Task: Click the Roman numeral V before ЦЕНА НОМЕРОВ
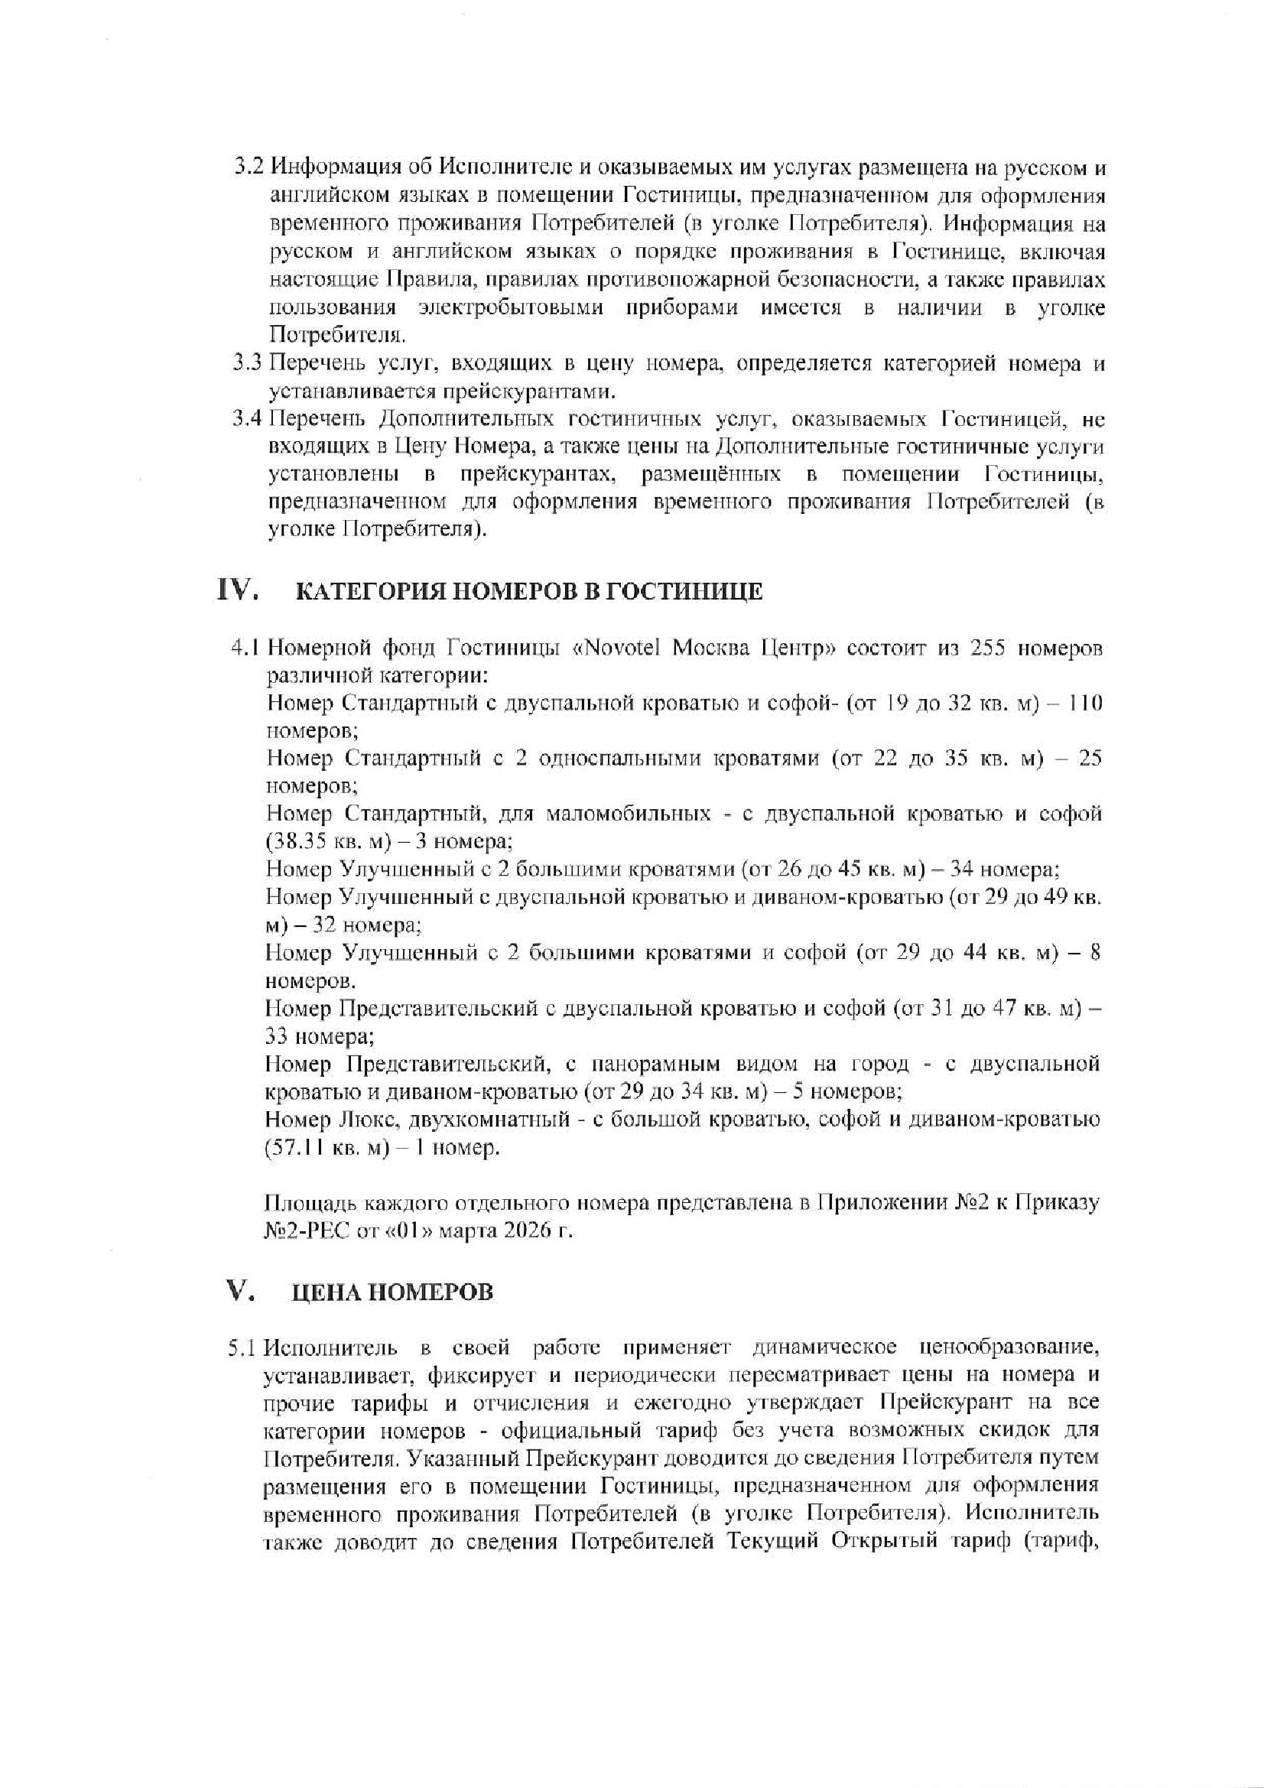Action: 237,1291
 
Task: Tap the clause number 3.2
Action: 250,167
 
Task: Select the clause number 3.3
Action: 250,363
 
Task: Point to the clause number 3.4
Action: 249,419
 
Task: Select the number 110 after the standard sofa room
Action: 1084,704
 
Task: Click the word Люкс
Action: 365,1120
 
